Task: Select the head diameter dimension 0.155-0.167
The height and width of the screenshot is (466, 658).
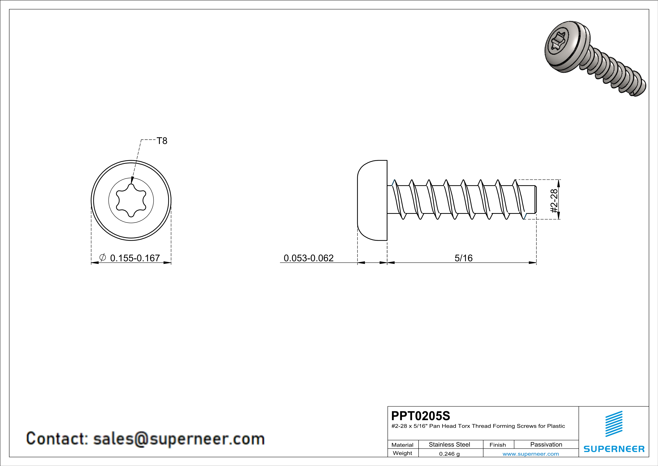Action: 135,258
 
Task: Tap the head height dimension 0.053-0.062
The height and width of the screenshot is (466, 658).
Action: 308,258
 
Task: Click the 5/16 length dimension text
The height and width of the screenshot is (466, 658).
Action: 463,258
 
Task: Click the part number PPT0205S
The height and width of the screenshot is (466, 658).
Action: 420,416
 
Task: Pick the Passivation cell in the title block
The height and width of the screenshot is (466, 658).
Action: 546,444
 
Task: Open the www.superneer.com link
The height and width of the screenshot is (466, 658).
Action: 530,454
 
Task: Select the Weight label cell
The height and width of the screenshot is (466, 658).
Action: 402,453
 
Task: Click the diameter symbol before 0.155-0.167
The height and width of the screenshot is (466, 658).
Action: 102,257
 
